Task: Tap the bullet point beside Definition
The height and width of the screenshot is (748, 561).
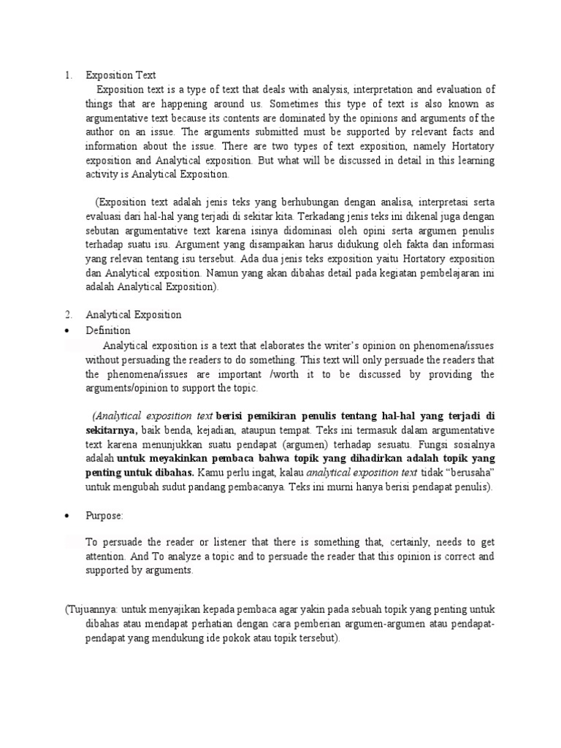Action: pyautogui.click(x=67, y=331)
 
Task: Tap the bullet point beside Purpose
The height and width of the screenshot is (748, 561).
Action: pyautogui.click(x=67, y=516)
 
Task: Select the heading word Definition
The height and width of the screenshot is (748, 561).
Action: pyautogui.click(x=108, y=331)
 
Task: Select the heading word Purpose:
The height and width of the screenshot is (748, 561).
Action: pyautogui.click(x=105, y=516)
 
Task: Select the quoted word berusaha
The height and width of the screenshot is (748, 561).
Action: pyautogui.click(x=473, y=473)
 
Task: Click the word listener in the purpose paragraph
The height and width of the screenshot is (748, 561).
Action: pyautogui.click(x=232, y=541)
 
